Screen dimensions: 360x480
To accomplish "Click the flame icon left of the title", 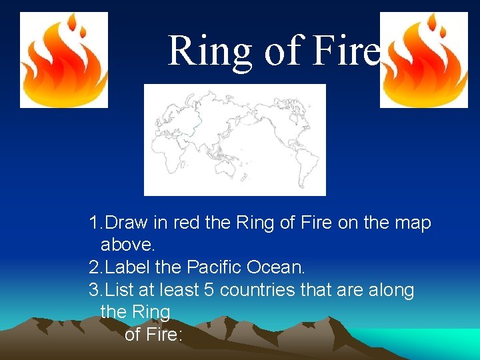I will coord(63,59).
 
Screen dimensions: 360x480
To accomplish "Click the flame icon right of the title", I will coord(423,59).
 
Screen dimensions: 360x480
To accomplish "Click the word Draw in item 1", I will coord(127,223).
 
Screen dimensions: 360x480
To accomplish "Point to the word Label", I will coord(127,267).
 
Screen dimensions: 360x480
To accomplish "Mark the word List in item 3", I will coord(119,290).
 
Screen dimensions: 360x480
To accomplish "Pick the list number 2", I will coord(93,267).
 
